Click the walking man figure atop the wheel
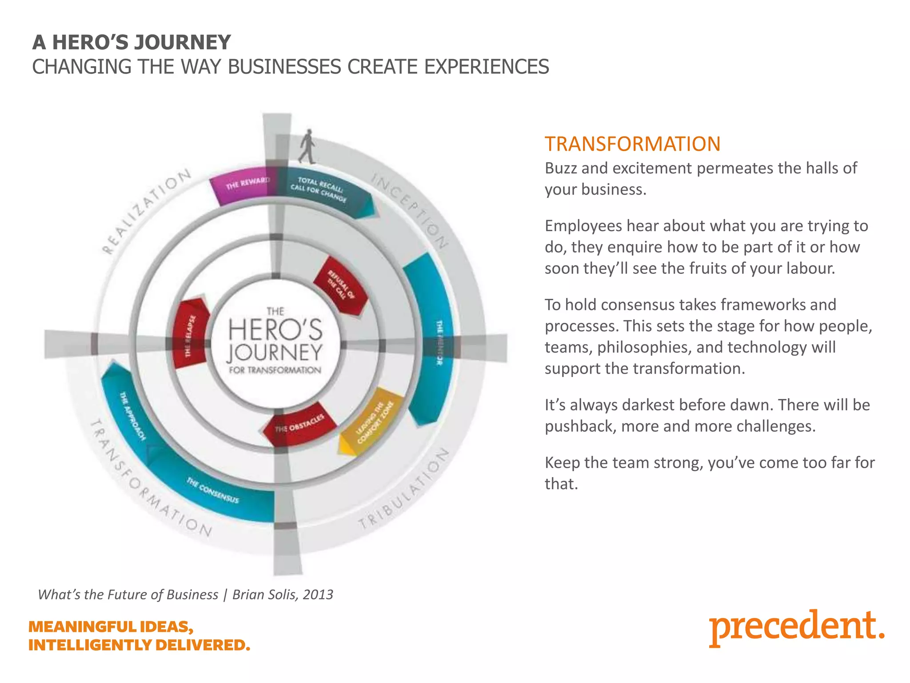click(x=307, y=146)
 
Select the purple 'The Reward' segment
click(x=242, y=187)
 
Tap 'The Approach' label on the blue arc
click(x=132, y=416)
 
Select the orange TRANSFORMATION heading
click(x=632, y=144)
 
